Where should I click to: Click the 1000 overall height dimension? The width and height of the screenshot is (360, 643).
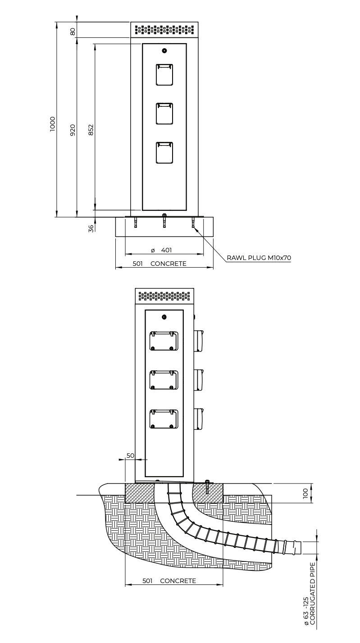(52, 124)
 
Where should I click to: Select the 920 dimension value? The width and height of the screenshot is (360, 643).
(73, 130)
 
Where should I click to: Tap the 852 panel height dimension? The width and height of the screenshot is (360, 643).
(91, 130)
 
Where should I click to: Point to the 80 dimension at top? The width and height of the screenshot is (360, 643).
(73, 31)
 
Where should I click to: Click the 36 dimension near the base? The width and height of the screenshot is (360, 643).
(91, 228)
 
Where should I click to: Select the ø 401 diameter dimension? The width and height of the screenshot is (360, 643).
(162, 250)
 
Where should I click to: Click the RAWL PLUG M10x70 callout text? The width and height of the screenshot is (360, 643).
(259, 258)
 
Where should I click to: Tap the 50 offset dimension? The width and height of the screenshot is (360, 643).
(130, 456)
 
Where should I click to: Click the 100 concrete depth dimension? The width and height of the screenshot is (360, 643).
(305, 493)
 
